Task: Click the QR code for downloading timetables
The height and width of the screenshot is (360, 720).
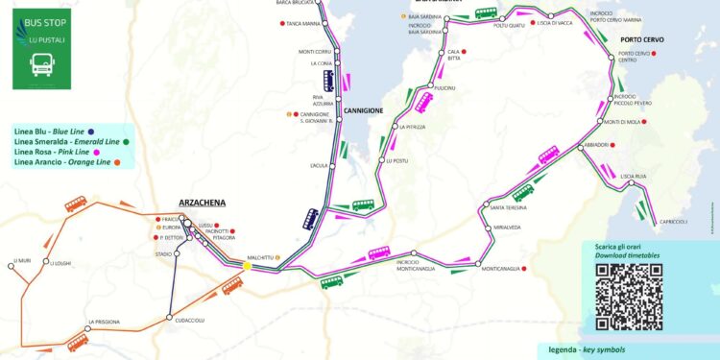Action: (629, 296)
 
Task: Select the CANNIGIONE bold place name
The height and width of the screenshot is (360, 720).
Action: (364, 110)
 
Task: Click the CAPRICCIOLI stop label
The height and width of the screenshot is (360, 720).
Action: (673, 222)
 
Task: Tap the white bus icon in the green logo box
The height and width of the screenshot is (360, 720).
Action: (42, 65)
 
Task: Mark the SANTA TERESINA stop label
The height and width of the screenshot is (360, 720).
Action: (508, 208)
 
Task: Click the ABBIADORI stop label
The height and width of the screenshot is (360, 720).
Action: (595, 145)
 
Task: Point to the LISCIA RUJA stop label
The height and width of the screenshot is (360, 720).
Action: (635, 176)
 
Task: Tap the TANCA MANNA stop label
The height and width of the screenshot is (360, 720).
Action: (304, 23)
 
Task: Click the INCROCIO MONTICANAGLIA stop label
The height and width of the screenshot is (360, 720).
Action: (416, 266)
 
